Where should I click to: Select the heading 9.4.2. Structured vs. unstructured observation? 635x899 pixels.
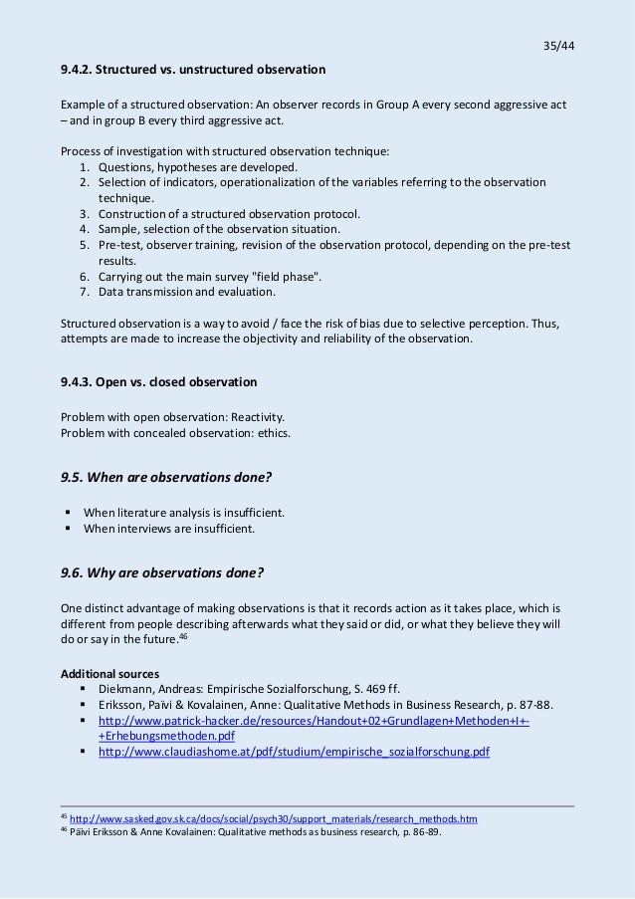click(193, 71)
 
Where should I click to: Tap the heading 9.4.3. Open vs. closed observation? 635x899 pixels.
click(159, 382)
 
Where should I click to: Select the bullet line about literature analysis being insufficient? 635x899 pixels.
click(184, 513)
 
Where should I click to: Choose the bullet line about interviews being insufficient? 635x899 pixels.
click(169, 529)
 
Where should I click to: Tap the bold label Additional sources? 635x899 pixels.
click(108, 673)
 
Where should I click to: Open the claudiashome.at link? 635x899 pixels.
click(294, 752)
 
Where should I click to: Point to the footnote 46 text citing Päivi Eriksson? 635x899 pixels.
click(254, 833)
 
